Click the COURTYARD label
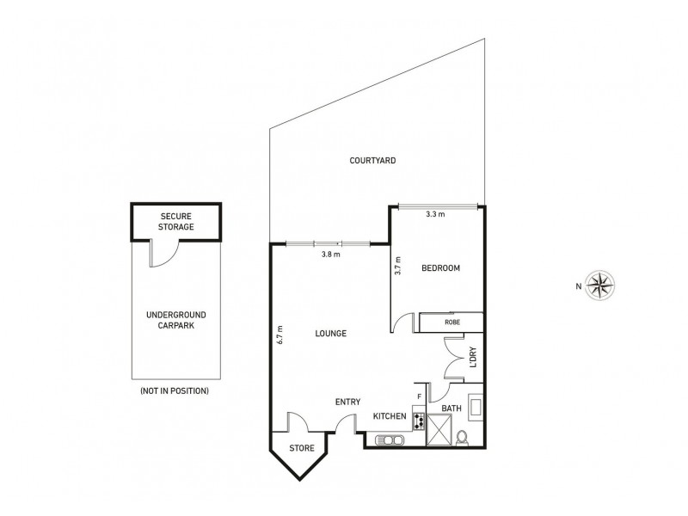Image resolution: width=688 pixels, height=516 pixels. pyautogui.click(x=372, y=160)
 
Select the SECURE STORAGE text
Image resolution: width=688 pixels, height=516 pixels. pyautogui.click(x=176, y=220)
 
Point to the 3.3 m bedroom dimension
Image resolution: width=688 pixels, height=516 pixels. pyautogui.click(x=435, y=215)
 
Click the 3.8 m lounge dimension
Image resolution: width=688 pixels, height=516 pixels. pyautogui.click(x=330, y=255)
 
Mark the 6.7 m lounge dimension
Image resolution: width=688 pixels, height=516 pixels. pyautogui.click(x=281, y=334)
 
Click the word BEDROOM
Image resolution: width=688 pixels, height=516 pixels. pyautogui.click(x=440, y=268)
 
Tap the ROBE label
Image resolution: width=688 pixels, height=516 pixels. pyautogui.click(x=451, y=323)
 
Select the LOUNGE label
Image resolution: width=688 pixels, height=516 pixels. pyautogui.click(x=330, y=334)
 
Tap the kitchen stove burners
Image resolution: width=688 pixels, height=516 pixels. pyautogui.click(x=420, y=421)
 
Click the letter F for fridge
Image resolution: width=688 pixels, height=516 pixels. pyautogui.click(x=419, y=397)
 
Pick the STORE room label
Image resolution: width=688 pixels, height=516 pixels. pyautogui.click(x=301, y=448)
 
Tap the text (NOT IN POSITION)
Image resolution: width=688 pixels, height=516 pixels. pyautogui.click(x=174, y=390)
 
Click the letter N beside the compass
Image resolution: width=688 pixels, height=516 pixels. pyautogui.click(x=579, y=287)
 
